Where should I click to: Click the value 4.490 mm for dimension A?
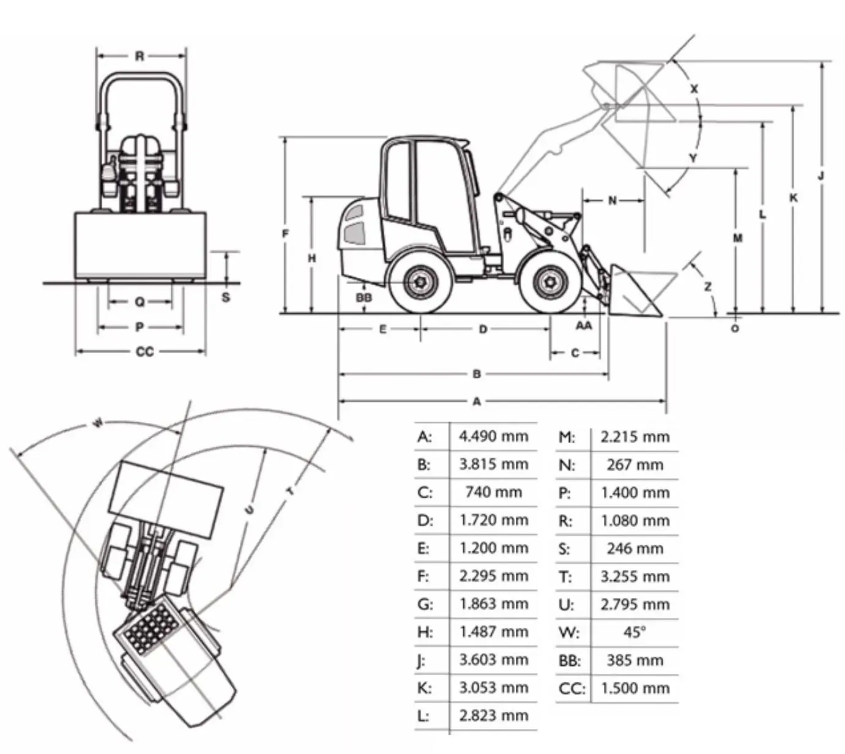point(493,436)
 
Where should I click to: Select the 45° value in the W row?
point(635,632)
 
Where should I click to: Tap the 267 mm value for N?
point(635,465)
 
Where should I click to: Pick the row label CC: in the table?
point(571,688)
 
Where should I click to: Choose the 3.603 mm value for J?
point(493,660)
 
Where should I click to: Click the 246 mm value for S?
point(635,548)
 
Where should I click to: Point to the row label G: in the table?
point(425,604)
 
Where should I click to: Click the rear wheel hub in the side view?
point(420,283)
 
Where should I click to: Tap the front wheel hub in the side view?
point(549,283)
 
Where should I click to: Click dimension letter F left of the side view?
point(285,233)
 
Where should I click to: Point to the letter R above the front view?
point(140,56)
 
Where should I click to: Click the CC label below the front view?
point(144,352)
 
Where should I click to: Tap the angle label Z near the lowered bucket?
point(707,286)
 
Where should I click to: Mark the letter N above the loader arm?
point(612,200)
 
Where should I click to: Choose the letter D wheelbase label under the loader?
point(483,329)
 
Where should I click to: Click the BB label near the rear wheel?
point(364,298)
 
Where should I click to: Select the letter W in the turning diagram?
point(98,423)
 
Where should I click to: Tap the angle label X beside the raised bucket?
point(694,89)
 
